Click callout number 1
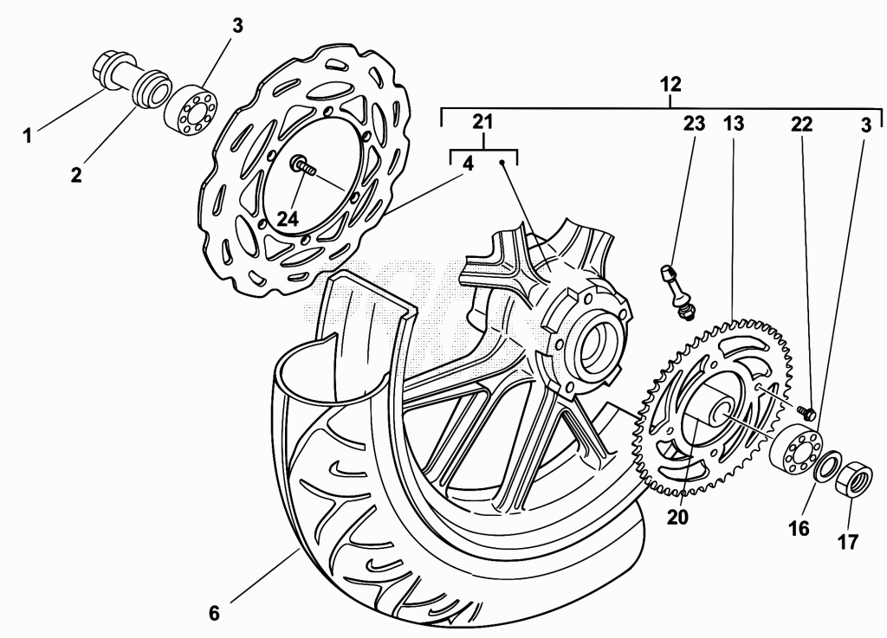[27, 136]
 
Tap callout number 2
[76, 175]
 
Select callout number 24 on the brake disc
[288, 219]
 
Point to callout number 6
[214, 613]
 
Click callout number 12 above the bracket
[670, 84]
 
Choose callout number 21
[483, 121]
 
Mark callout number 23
[695, 123]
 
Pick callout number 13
[733, 123]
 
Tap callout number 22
[801, 124]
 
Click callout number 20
[677, 517]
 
